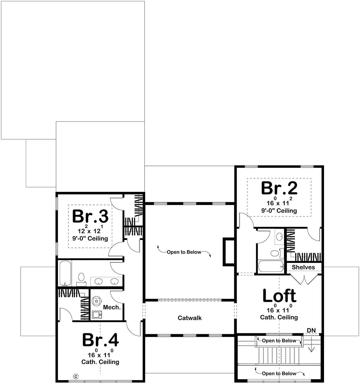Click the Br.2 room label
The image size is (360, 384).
click(279, 188)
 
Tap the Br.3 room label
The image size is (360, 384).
click(90, 216)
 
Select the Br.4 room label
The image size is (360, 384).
click(100, 340)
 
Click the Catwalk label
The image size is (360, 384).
click(190, 318)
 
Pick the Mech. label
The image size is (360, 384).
click(112, 307)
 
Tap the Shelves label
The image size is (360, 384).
click(303, 267)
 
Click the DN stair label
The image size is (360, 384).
click(311, 330)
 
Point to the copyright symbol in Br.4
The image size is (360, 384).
click(76, 376)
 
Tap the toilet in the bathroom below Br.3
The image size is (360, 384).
click(81, 279)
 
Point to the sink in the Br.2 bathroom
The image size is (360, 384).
click(279, 236)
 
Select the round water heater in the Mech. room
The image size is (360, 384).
click(96, 301)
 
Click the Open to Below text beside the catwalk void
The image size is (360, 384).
click(184, 252)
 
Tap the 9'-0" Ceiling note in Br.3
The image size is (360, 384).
click(90, 238)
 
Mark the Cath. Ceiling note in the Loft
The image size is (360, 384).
click(279, 317)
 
